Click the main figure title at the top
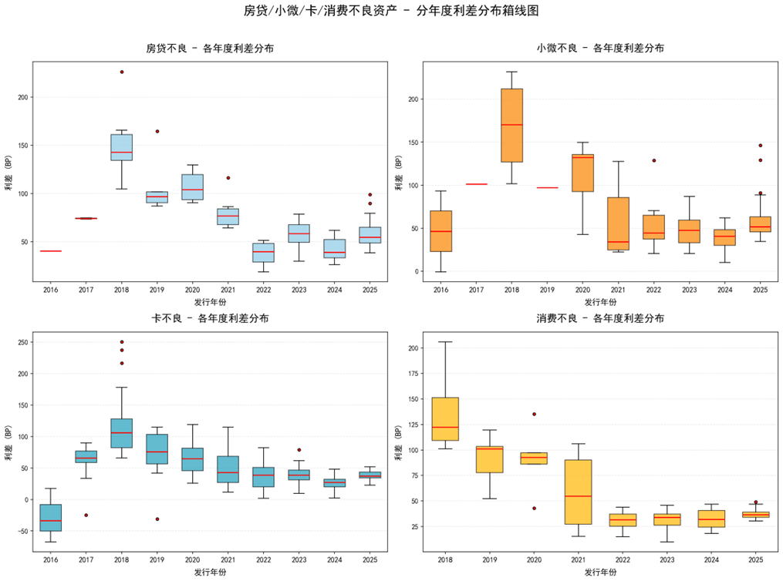tap(391, 11)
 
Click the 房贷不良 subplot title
tap(209, 48)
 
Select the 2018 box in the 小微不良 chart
tap(511, 125)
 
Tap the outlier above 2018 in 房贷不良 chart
tap(121, 72)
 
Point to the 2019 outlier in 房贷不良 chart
tap(157, 131)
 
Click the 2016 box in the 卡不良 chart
tap(51, 518)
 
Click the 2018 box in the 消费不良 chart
tap(445, 419)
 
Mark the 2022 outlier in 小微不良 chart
tap(653, 160)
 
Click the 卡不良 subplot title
tap(209, 318)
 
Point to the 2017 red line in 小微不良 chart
tap(476, 184)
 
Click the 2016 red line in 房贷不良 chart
tap(51, 251)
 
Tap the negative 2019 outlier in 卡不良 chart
tap(157, 519)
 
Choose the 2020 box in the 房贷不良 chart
tap(192, 187)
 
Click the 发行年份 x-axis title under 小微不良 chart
tap(600, 302)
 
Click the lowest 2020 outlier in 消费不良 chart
tap(533, 508)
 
